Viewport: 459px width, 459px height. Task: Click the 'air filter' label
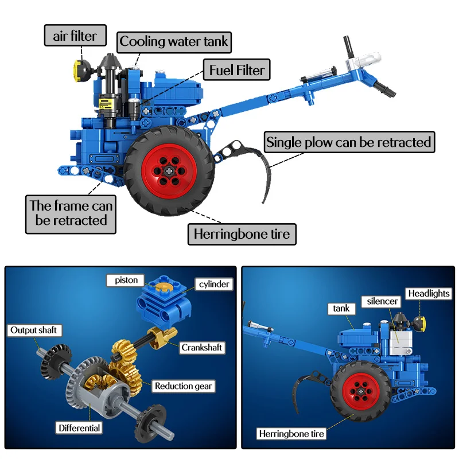coord(76,36)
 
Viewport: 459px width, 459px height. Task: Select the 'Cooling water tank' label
coord(174,42)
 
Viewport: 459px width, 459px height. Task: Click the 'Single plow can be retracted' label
coord(349,142)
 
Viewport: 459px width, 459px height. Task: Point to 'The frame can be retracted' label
coord(71,213)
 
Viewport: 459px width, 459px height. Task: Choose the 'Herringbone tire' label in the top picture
coord(242,234)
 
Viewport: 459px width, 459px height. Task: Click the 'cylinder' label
coord(214,284)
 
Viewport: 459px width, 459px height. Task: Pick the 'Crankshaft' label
coord(201,347)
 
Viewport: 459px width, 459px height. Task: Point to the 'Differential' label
coord(79,427)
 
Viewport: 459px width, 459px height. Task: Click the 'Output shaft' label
coord(33,330)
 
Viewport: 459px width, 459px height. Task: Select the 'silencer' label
coord(379,301)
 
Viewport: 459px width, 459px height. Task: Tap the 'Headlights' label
coord(429,294)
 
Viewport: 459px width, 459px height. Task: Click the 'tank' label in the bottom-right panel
coord(341,309)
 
